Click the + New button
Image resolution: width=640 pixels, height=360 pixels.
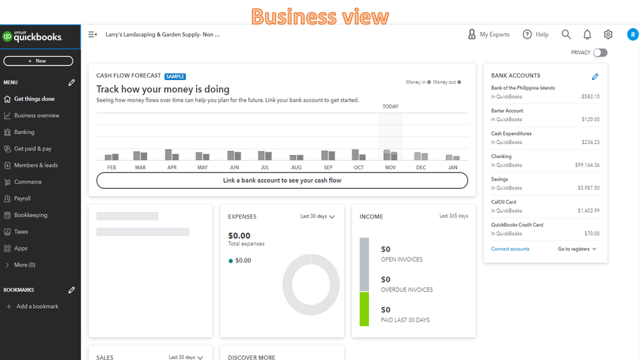pyautogui.click(x=38, y=61)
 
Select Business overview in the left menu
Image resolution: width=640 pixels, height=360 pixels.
pyautogui.click(x=37, y=116)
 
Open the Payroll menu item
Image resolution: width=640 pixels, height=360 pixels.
pyautogui.click(x=22, y=199)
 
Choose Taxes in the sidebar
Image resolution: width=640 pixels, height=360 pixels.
pyautogui.click(x=21, y=232)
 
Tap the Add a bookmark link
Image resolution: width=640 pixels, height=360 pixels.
pyautogui.click(x=37, y=307)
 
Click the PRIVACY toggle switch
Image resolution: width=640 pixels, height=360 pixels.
pyautogui.click(x=600, y=53)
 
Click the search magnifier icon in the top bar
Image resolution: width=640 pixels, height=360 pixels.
pyautogui.click(x=566, y=35)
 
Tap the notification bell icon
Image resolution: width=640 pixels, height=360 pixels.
pyautogui.click(x=587, y=35)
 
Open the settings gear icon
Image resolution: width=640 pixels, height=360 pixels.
pyautogui.click(x=608, y=35)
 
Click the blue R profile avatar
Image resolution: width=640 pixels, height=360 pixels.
pyautogui.click(x=632, y=35)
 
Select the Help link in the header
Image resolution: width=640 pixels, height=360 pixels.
pyautogui.click(x=536, y=35)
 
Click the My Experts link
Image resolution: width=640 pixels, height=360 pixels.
pyautogui.click(x=489, y=35)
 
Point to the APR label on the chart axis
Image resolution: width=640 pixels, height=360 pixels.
pyautogui.click(x=172, y=168)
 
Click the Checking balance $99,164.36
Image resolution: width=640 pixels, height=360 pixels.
pyautogui.click(x=587, y=165)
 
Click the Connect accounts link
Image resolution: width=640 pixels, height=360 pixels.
pyautogui.click(x=510, y=249)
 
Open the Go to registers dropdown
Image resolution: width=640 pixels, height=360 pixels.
pyautogui.click(x=577, y=249)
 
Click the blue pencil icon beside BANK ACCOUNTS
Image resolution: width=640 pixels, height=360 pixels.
pyautogui.click(x=595, y=77)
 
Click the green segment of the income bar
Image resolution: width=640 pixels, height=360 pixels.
pyautogui.click(x=364, y=309)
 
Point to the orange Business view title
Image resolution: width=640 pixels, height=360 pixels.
pyautogui.click(x=320, y=16)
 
